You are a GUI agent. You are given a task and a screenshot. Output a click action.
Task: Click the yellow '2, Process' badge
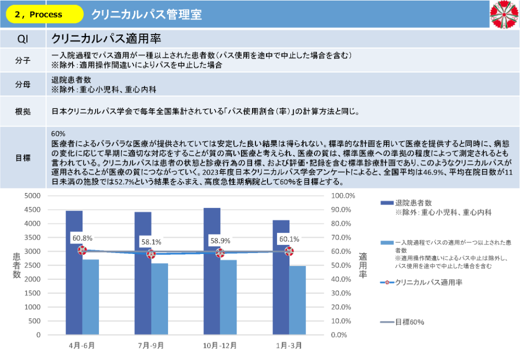[x=44, y=14]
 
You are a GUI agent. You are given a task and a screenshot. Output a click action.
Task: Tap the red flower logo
[x=504, y=14]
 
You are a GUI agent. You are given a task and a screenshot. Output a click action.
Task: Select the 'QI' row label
[x=23, y=39]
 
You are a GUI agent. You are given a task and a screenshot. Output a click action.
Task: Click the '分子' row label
[x=23, y=60]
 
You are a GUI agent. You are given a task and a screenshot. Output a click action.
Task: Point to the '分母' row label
[x=23, y=84]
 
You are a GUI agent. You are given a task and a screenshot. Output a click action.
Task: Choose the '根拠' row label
[x=23, y=111]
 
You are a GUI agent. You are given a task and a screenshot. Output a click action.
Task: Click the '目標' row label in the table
[x=23, y=157]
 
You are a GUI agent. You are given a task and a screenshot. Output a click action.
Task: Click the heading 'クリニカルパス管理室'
[x=146, y=14]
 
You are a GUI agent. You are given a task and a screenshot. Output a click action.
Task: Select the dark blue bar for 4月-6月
[x=74, y=272]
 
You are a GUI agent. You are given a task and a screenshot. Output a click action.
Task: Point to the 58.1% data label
[x=151, y=242]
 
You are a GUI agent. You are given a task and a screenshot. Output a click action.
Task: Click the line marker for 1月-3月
[x=289, y=251]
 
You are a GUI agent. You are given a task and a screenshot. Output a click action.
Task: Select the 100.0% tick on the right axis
[x=343, y=196]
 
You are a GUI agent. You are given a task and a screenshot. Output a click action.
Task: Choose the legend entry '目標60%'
[x=409, y=322]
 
